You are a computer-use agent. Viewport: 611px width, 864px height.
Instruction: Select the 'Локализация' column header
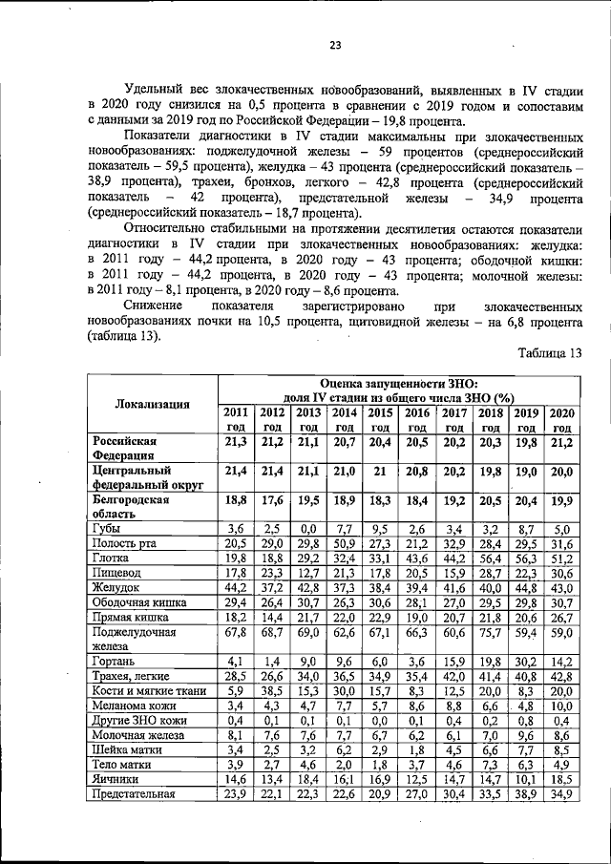153,404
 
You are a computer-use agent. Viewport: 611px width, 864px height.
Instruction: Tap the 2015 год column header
381,420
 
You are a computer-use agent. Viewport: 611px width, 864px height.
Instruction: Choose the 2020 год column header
561,420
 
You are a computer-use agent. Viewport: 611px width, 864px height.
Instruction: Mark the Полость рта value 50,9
345,543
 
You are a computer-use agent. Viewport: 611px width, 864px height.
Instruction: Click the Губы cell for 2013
308,528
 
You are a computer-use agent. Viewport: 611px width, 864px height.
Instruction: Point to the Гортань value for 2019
526,661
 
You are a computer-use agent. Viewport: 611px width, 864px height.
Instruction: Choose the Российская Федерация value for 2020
561,442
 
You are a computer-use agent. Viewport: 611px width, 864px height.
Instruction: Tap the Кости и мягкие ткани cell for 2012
272,690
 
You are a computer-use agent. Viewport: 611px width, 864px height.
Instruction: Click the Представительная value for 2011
236,794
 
